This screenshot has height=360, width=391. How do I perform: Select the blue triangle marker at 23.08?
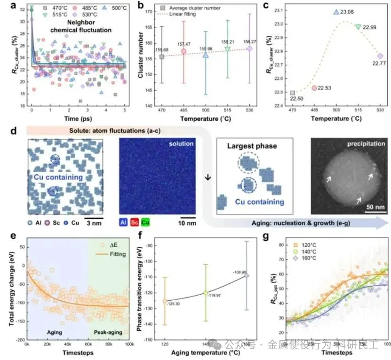point(336,12)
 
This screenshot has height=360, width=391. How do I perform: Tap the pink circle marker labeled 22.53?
point(314,88)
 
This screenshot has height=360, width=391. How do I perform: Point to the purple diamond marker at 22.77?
point(380,56)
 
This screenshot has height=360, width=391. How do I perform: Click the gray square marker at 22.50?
point(293,93)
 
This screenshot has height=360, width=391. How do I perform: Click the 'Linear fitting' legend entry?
point(195,15)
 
